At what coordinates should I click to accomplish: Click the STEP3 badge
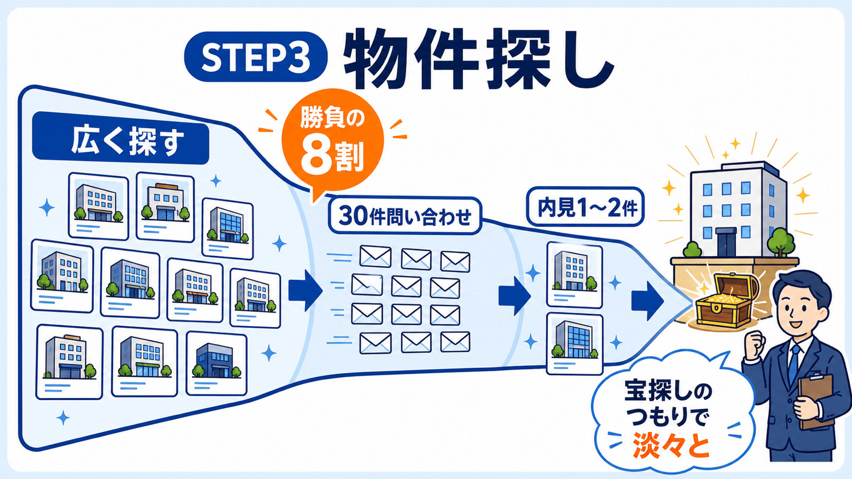click(256, 56)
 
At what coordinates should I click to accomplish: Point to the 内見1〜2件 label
click(585, 207)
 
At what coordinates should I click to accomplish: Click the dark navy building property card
click(216, 363)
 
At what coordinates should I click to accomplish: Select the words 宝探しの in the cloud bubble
click(668, 391)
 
